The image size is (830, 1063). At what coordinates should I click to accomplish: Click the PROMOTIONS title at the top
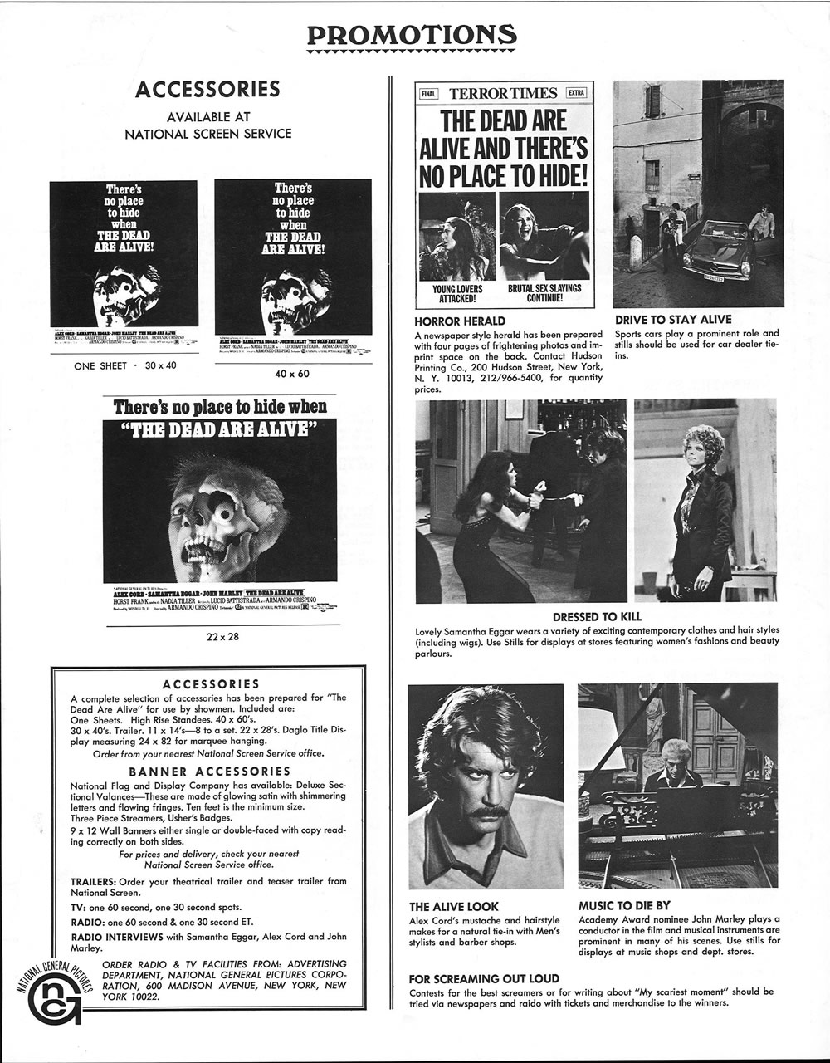pyautogui.click(x=412, y=36)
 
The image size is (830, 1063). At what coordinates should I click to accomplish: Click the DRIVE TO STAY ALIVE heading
pyautogui.click(x=673, y=320)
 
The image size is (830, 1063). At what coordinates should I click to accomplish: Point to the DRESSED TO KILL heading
pyautogui.click(x=597, y=617)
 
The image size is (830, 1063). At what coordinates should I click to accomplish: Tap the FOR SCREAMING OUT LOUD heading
pyautogui.click(x=484, y=978)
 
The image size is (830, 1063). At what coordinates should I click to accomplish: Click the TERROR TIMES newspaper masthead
pyautogui.click(x=503, y=93)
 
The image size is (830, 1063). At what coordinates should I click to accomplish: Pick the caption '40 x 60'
pyautogui.click(x=292, y=374)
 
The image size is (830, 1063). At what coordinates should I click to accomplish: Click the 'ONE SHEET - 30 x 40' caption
pyautogui.click(x=125, y=365)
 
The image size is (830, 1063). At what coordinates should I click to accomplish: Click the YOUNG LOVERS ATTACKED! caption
pyautogui.click(x=458, y=293)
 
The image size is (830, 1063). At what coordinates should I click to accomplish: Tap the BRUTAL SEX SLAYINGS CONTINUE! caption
pyautogui.click(x=544, y=293)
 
